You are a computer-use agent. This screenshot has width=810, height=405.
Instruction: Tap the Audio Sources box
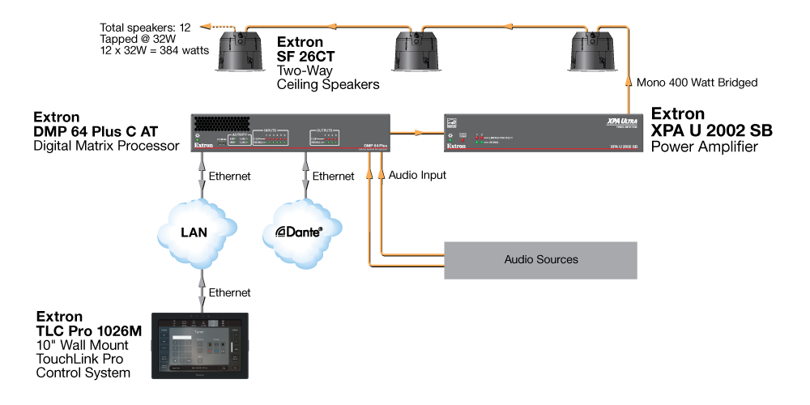point(541,260)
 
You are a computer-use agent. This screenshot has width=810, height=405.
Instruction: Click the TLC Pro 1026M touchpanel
point(202,346)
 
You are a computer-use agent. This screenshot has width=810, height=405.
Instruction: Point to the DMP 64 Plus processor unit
point(292,132)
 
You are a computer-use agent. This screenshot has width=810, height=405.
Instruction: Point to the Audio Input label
point(417,174)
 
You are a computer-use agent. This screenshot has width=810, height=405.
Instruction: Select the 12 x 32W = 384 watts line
point(153,50)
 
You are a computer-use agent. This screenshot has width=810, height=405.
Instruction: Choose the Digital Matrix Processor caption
point(106,146)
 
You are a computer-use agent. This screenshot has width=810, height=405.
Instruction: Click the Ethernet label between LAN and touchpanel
point(229,292)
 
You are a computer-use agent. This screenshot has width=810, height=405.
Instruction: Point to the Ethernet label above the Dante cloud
point(333,175)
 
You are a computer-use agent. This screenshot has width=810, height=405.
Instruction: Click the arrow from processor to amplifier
point(418,131)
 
